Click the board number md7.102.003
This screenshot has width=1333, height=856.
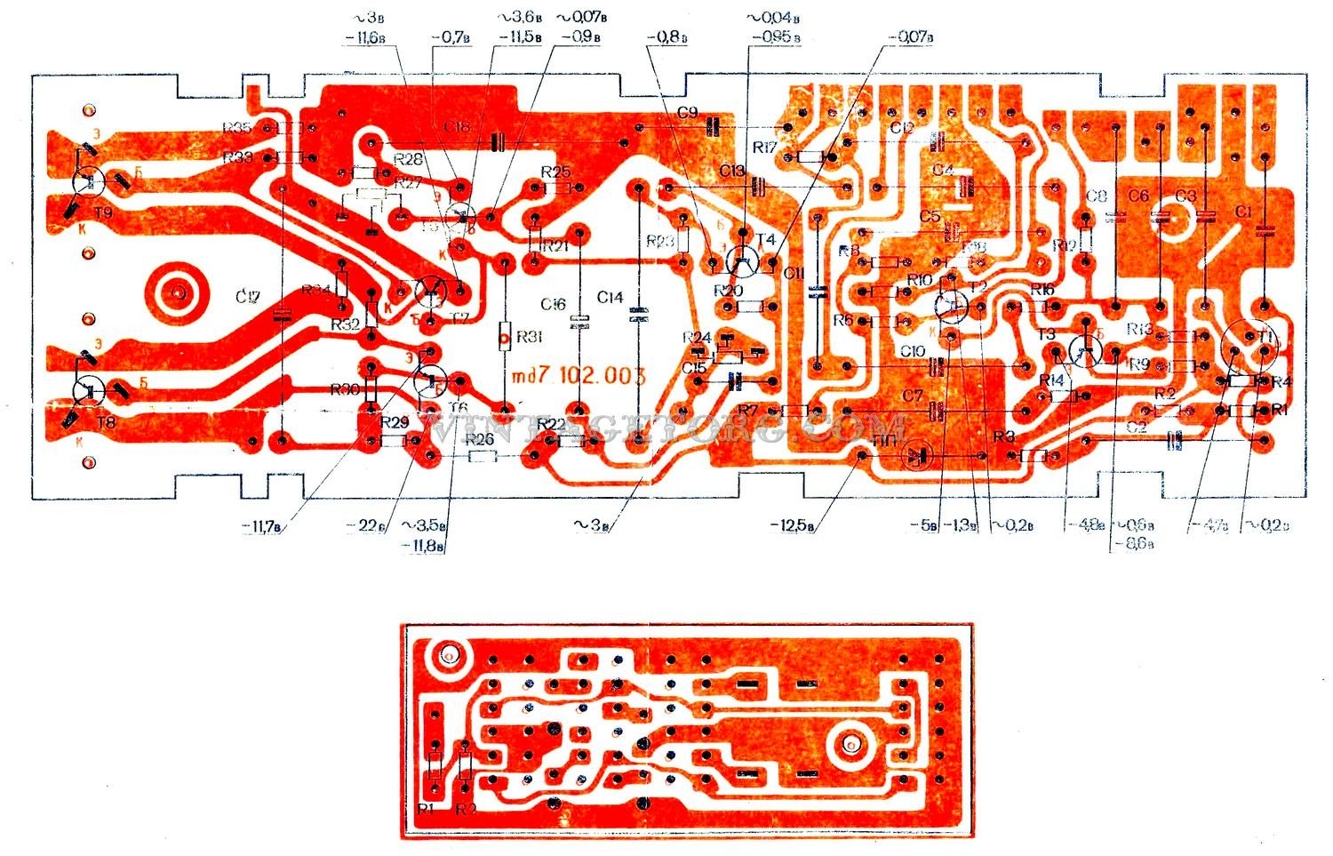tap(579, 375)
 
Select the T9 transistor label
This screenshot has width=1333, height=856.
tap(104, 214)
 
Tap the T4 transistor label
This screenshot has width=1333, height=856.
tap(766, 240)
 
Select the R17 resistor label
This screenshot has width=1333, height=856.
tap(766, 147)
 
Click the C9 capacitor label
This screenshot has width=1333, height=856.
tap(687, 113)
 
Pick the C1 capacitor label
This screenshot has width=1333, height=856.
tap(1242, 212)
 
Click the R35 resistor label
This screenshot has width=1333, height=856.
tap(237, 128)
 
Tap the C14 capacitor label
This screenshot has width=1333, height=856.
tap(611, 299)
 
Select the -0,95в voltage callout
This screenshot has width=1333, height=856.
tap(776, 38)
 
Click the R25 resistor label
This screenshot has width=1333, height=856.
tap(555, 172)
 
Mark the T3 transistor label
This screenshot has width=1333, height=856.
tap(1046, 334)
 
